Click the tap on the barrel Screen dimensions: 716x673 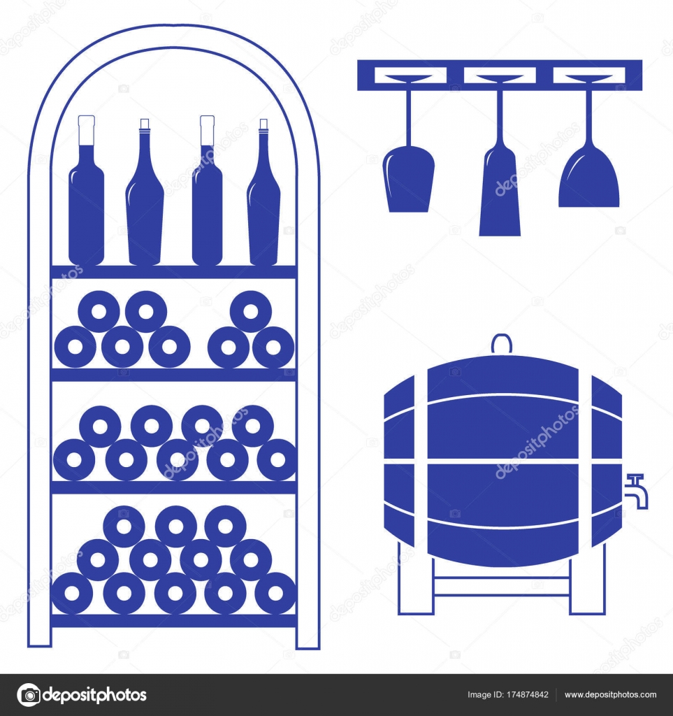coord(637,490)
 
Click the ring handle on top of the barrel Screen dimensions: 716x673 coord(500,344)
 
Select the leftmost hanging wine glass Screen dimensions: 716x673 coord(409,183)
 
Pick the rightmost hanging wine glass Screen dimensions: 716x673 coord(588,182)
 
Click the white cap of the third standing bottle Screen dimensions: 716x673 coord(208,130)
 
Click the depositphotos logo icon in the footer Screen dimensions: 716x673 coord(29,695)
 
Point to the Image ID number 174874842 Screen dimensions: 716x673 coord(517,695)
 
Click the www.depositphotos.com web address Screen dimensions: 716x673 coord(610,695)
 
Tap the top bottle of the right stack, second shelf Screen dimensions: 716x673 coord(251,312)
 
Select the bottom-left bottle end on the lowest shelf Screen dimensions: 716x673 coord(72,593)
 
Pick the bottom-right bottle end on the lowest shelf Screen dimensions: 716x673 coord(275,593)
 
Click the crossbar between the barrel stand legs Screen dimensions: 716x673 coord(501,586)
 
